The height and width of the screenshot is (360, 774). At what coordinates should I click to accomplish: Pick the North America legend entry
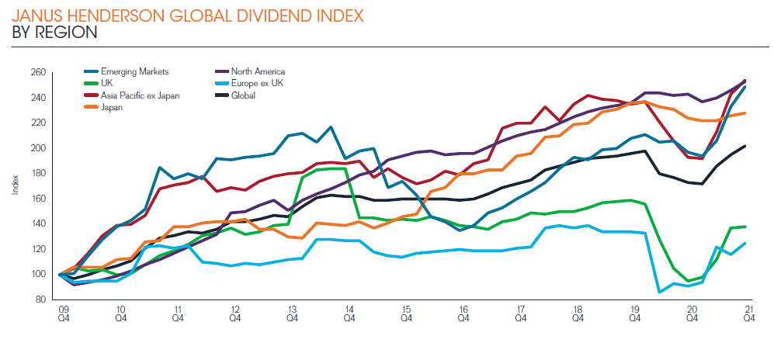pyautogui.click(x=256, y=72)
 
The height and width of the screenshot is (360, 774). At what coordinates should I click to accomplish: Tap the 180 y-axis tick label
pyautogui.click(x=39, y=174)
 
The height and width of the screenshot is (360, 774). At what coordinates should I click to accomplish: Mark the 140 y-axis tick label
pyautogui.click(x=39, y=224)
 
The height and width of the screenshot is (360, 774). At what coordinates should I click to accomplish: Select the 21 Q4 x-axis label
pyautogui.click(x=750, y=313)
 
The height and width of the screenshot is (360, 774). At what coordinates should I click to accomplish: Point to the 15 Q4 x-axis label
pyautogui.click(x=407, y=313)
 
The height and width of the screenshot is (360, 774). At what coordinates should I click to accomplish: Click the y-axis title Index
pyautogui.click(x=15, y=186)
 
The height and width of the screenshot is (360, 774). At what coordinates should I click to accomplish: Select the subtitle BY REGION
pyautogui.click(x=55, y=33)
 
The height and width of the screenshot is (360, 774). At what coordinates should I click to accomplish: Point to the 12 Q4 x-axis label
pyautogui.click(x=235, y=313)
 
